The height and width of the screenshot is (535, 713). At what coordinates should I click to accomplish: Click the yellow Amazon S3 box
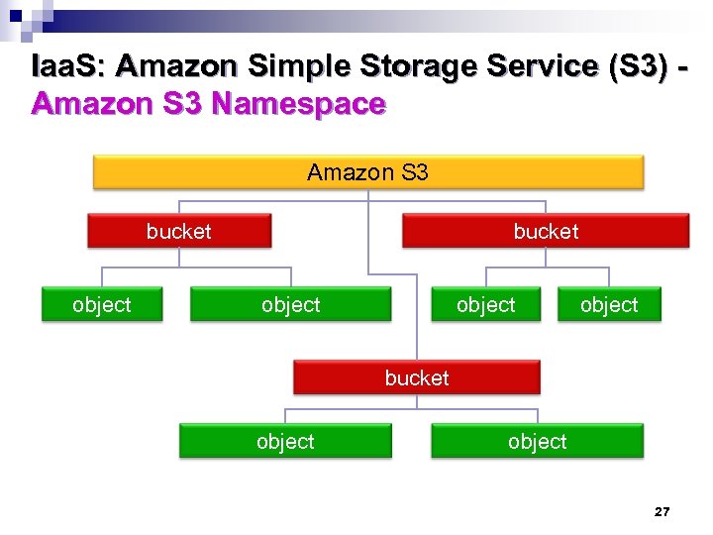click(368, 172)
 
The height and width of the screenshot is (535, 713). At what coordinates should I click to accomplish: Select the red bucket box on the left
click(179, 232)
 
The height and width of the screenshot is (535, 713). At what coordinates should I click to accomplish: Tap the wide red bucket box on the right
click(545, 232)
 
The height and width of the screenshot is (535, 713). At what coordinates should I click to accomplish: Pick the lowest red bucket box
click(417, 377)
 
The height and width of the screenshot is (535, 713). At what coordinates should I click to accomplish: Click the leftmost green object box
click(101, 305)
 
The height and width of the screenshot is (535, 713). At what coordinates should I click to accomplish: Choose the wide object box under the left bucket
click(290, 305)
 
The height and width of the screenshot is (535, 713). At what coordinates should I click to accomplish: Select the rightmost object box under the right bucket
click(608, 305)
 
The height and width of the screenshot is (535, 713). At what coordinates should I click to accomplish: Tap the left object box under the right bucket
click(485, 305)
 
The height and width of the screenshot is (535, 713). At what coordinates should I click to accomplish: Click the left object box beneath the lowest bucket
click(285, 442)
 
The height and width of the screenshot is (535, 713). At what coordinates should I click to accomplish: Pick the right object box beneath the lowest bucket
click(537, 442)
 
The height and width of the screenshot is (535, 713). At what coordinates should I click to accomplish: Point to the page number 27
click(662, 512)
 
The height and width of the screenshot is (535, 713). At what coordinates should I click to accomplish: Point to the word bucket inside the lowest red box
click(417, 377)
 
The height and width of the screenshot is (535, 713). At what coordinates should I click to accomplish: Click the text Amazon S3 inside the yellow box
click(368, 172)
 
